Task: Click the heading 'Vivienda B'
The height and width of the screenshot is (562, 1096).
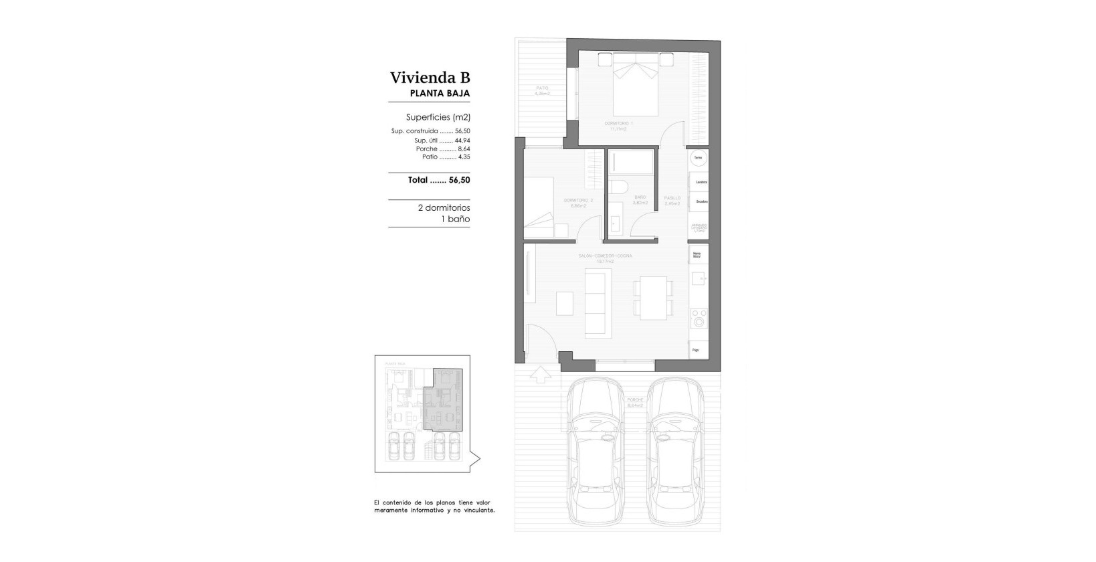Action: (x=430, y=78)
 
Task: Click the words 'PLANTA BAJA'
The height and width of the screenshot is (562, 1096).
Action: (x=439, y=94)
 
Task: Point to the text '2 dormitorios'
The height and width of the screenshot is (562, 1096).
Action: (x=444, y=208)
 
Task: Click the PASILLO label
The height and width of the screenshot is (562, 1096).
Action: (x=672, y=198)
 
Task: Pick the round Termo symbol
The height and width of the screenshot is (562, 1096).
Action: (x=698, y=158)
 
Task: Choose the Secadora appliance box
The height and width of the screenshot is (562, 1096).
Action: (x=700, y=201)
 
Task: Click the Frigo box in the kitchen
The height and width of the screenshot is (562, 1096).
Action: (x=698, y=350)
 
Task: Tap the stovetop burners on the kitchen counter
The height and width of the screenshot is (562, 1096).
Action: (x=699, y=317)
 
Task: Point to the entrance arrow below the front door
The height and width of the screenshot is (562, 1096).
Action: (x=539, y=375)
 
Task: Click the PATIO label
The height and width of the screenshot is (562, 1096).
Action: (x=542, y=88)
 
